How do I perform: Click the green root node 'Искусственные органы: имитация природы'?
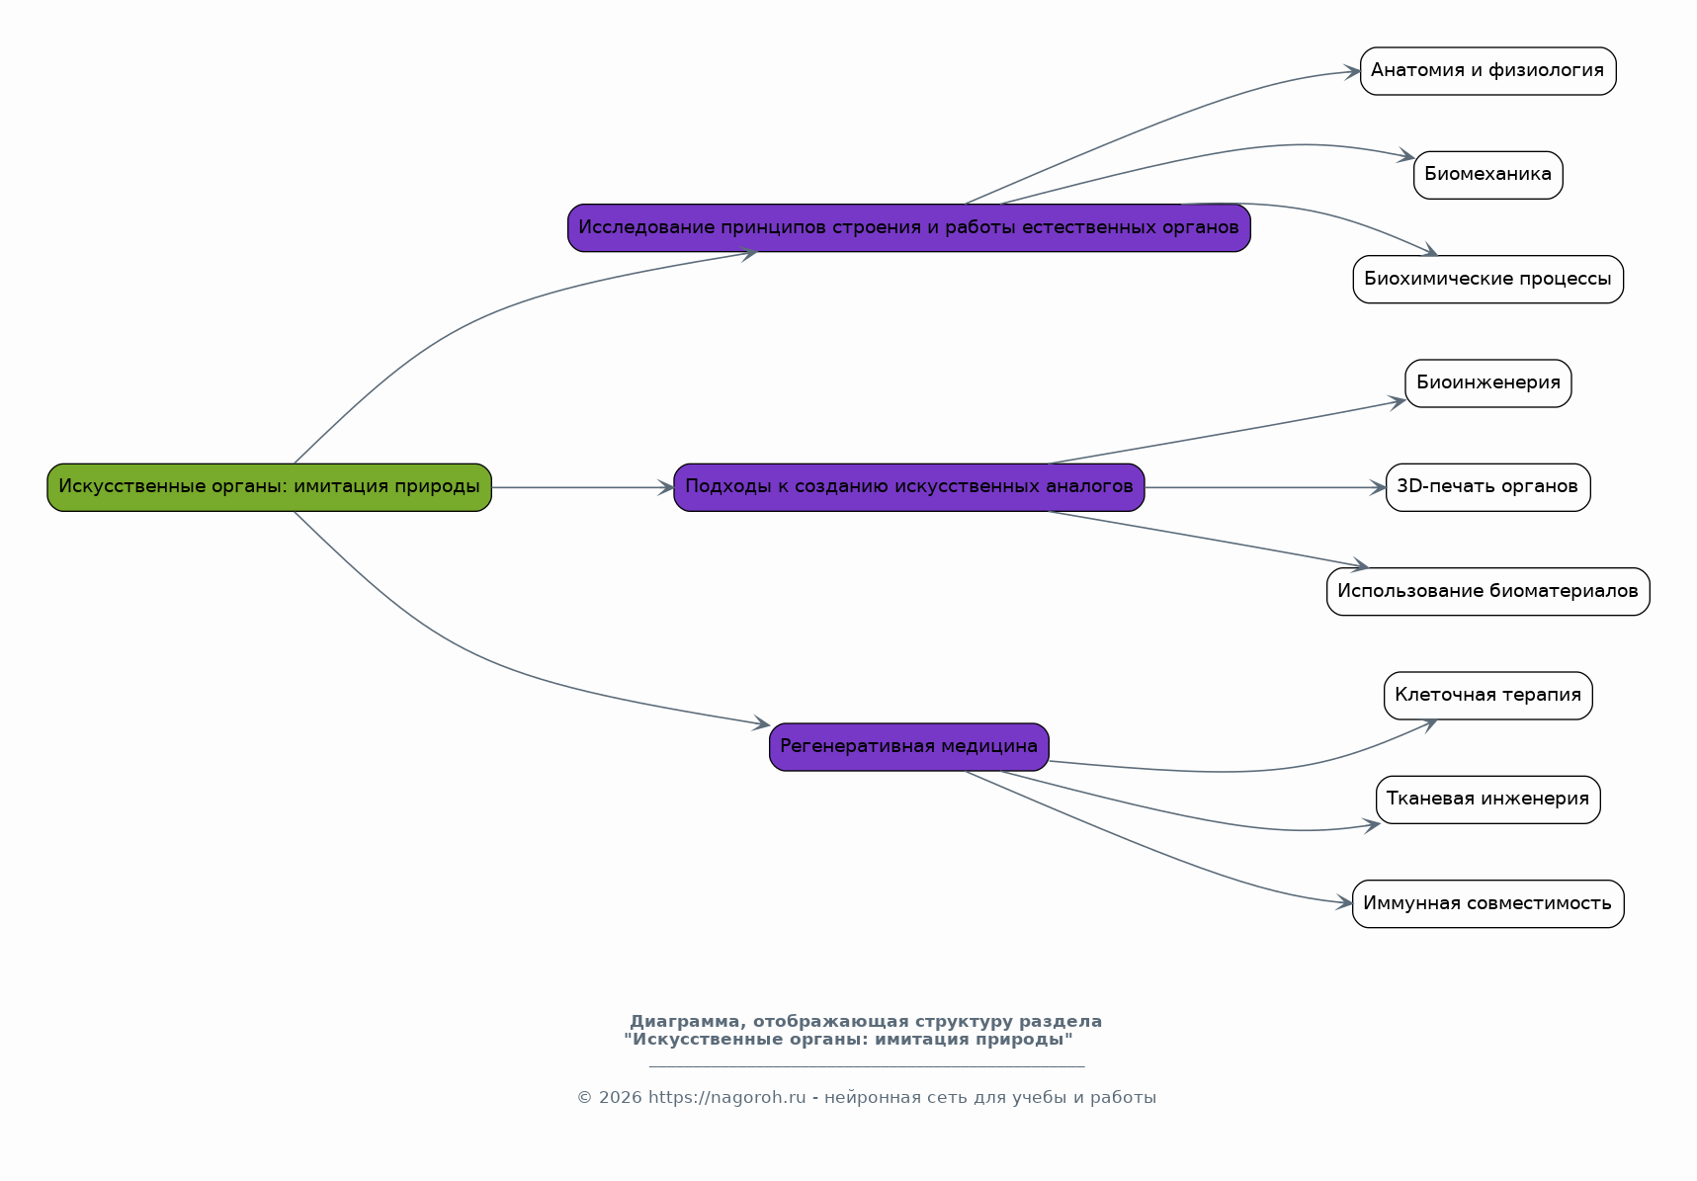point(269,487)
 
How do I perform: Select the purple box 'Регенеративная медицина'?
point(909,747)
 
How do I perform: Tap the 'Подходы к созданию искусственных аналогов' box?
point(909,487)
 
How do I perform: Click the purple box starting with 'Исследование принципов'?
point(909,228)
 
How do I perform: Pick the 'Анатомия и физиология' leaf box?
point(1488,71)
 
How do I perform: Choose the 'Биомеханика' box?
point(1488,175)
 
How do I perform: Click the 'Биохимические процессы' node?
point(1488,280)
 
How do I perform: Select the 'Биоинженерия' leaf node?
point(1488,383)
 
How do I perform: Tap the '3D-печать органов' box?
point(1488,487)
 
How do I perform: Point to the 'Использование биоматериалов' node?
point(1488,592)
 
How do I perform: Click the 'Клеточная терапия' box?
point(1488,696)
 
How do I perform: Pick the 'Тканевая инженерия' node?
point(1488,800)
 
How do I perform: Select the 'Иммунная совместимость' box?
point(1488,904)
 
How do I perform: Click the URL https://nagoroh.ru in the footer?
point(727,1098)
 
